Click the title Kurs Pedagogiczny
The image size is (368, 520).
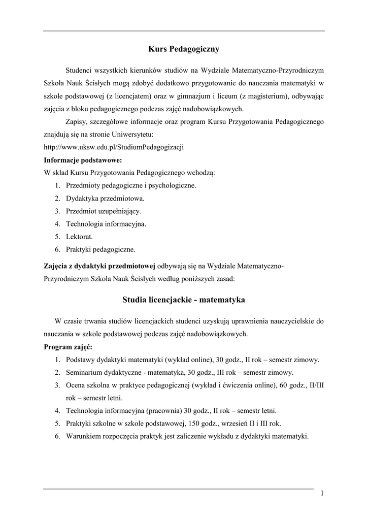click(183, 49)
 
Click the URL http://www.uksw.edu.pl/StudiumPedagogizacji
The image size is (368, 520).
click(114, 147)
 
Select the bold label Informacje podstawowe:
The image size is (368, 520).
click(83, 160)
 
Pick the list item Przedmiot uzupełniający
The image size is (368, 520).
click(104, 211)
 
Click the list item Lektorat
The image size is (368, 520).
click(79, 237)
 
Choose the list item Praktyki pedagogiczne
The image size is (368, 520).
click(101, 249)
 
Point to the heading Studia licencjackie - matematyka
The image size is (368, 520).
click(183, 300)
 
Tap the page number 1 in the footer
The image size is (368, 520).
click(322, 493)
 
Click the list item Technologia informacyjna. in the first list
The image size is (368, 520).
click(106, 223)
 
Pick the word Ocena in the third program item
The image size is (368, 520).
click(76, 385)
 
